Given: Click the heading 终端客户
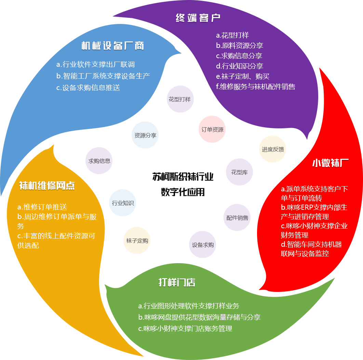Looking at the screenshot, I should (198, 18).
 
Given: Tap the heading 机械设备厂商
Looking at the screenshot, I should (112, 46).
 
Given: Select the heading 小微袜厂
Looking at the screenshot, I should (330, 163).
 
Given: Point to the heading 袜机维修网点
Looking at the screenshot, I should (47, 186).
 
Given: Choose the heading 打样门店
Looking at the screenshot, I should (177, 283).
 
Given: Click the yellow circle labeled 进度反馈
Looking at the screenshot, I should (273, 149).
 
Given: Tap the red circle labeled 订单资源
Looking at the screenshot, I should (212, 130).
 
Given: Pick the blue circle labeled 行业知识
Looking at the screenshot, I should (123, 203).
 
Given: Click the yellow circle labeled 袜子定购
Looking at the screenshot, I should (137, 241).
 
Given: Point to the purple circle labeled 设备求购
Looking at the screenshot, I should (203, 245).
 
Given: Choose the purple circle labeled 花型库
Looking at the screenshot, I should (239, 172).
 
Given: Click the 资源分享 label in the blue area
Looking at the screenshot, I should (145, 136).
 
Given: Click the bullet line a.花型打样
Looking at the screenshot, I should (232, 35).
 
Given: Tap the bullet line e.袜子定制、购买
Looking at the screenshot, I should (243, 76).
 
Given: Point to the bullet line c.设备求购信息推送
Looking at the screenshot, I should (88, 88).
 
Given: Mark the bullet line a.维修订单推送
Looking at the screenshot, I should (42, 207).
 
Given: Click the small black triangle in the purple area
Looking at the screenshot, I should (290, 36).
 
